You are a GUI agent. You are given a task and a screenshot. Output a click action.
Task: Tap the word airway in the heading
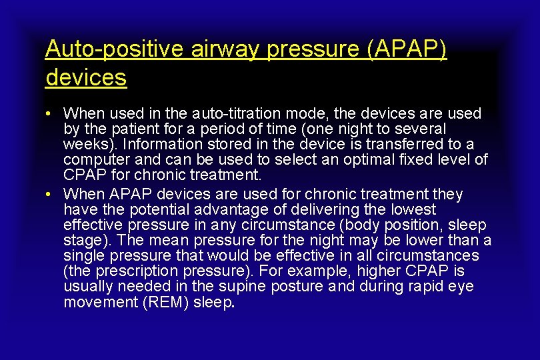click(213, 49)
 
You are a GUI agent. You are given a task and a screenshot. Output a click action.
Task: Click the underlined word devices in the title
click(86, 77)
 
